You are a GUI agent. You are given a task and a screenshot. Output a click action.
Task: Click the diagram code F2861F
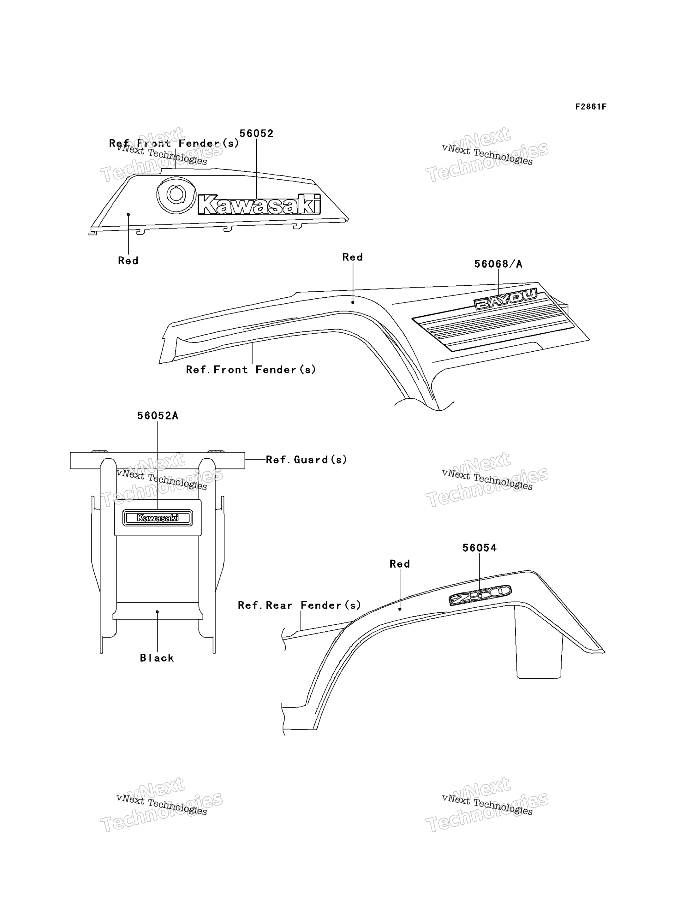click(591, 107)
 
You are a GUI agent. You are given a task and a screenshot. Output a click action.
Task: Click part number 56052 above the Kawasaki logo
click(256, 134)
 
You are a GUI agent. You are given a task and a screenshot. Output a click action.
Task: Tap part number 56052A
click(158, 416)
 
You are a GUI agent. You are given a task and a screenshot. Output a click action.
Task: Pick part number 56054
click(480, 548)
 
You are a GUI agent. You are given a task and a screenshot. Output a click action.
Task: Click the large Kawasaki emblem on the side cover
click(259, 204)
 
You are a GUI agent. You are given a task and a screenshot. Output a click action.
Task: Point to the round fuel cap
click(176, 195)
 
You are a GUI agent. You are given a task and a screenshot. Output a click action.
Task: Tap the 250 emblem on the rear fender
click(480, 595)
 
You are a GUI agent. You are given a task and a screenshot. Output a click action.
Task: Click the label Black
click(157, 658)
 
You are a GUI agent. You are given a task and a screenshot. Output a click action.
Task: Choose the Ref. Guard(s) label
click(306, 460)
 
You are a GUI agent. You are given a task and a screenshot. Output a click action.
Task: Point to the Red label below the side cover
click(128, 261)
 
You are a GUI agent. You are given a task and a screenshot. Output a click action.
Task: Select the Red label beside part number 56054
click(400, 564)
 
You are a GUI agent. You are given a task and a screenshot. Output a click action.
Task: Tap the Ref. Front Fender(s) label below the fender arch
click(251, 370)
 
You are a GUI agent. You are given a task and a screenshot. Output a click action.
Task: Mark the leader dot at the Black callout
click(157, 612)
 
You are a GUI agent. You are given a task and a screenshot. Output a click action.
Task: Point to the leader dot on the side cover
click(128, 214)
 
